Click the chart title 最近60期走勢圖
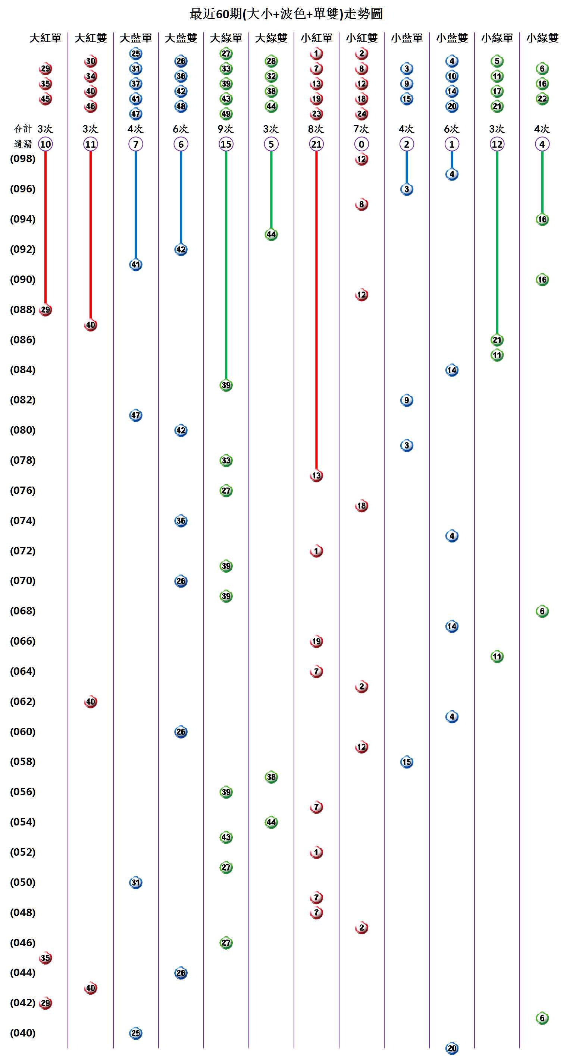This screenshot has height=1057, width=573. coord(286,14)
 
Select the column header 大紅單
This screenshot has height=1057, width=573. coord(45,38)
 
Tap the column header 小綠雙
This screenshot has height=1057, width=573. coord(542,38)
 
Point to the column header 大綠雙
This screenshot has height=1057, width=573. coord(271,38)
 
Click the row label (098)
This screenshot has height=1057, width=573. coord(23,159)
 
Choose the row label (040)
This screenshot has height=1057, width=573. coord(23,1033)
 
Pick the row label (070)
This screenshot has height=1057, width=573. coord(23,581)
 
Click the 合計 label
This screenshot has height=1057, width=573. coord(23,129)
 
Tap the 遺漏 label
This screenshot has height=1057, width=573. coord(23,144)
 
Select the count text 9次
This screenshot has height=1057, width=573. coord(226,129)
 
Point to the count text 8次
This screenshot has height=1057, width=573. coord(316,129)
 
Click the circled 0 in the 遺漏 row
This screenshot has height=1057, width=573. coord(361,144)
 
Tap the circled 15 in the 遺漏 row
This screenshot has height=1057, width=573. coord(226,144)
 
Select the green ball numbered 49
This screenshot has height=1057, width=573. coord(226,114)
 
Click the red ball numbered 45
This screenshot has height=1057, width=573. coord(45,99)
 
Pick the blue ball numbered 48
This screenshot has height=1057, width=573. coord(181,106)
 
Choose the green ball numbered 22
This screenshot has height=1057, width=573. coord(542,99)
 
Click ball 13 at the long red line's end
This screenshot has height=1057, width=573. coord(316,476)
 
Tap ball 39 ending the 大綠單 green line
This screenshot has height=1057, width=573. coord(226,385)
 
